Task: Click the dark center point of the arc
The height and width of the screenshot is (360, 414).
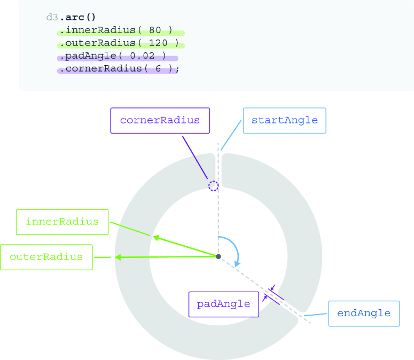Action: coord(218,256)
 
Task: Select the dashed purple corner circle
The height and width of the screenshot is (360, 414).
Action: coord(213,186)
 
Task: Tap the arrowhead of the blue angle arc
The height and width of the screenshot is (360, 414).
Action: coord(237,263)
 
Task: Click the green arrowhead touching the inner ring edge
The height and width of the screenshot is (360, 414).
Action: coord(156,238)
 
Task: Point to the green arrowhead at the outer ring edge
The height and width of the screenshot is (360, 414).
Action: coord(118,257)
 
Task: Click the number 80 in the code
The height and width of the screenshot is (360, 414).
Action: coord(155,30)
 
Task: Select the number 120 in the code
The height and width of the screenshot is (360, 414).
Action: coord(158,43)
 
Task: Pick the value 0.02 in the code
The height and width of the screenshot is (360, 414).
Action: coord(142,56)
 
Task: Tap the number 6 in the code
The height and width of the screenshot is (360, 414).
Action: coord(158,68)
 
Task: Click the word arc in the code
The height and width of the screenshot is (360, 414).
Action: coord(75,18)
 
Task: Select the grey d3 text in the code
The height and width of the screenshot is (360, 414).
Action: coord(52,18)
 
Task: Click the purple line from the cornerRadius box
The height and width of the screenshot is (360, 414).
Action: coord(195,158)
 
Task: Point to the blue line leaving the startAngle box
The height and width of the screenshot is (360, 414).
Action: coord(231,135)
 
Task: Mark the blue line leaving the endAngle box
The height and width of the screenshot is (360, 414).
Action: coord(315,315)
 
